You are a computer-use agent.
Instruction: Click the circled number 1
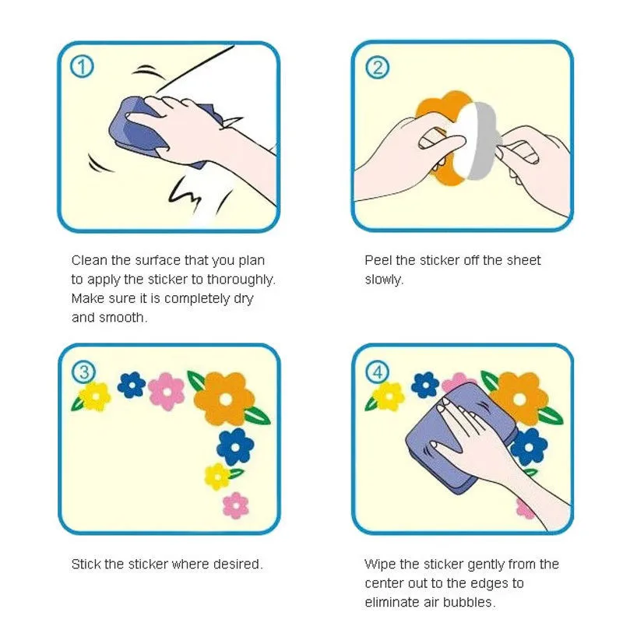point(82,67)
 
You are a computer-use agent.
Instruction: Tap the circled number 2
point(377,67)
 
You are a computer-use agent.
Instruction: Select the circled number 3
point(84,373)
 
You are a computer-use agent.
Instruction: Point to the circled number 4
point(377,373)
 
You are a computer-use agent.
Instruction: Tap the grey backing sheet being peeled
point(483,140)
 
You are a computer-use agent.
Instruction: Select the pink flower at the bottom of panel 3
point(236,505)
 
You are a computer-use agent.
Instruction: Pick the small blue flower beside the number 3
point(132,385)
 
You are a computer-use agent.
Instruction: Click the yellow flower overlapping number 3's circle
point(95,396)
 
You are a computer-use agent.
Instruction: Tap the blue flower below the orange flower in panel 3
point(235,447)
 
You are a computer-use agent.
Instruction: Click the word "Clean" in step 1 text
point(90,260)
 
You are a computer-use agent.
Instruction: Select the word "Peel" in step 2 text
point(378,260)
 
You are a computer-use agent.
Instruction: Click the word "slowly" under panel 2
point(382,280)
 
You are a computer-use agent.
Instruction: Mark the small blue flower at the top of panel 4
point(425,385)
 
